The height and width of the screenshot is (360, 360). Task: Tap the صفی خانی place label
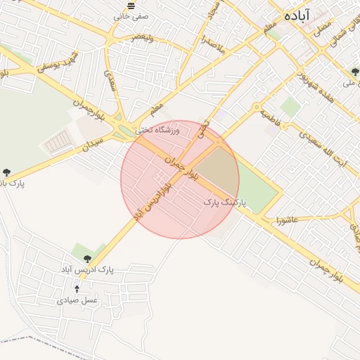[134, 15]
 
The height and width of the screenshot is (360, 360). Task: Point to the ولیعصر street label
[142, 37]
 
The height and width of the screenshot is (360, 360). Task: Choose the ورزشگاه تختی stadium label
[157, 130]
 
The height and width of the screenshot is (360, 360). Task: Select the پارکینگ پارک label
[226, 202]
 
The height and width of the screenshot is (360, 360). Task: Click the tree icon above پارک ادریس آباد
[87, 259]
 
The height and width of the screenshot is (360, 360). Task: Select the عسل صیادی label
[77, 300]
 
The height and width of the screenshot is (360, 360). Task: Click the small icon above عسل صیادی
[77, 288]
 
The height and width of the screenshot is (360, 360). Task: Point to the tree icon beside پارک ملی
[355, 72]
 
